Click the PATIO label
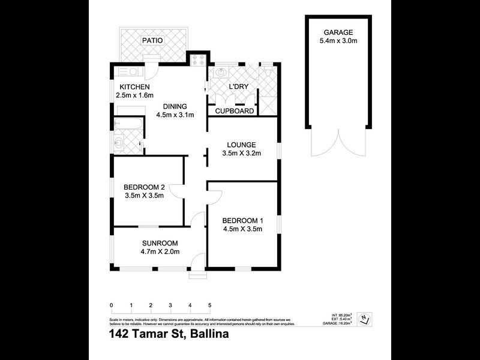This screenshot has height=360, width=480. point(152,40)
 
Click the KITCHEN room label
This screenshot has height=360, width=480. point(134,87)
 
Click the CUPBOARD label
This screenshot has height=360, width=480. point(235,111)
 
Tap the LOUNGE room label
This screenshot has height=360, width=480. point(242,145)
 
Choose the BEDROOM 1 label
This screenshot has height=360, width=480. point(242,220)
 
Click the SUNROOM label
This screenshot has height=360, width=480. point(160,243)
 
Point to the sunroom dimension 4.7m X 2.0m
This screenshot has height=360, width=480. point(160,251)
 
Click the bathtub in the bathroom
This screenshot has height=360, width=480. point(129,124)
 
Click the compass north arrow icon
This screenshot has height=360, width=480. point(363,320)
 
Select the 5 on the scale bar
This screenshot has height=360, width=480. point(209,305)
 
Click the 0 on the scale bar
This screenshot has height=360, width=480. point(112,305)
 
